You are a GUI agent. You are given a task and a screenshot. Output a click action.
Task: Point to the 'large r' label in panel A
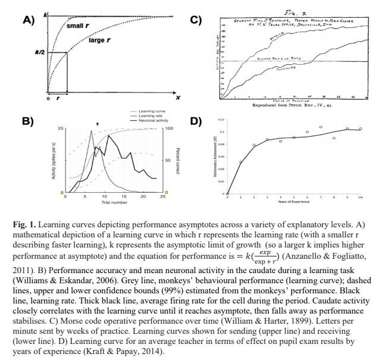(x=101, y=41)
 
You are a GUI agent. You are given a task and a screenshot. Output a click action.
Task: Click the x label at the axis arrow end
(x=177, y=97)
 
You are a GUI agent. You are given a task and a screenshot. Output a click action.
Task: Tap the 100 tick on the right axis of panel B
(x=169, y=129)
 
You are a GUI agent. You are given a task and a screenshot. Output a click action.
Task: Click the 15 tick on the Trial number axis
(x=124, y=196)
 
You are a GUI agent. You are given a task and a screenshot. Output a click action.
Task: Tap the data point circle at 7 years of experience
(x=320, y=127)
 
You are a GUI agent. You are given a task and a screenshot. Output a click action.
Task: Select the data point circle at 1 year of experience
(x=240, y=162)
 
